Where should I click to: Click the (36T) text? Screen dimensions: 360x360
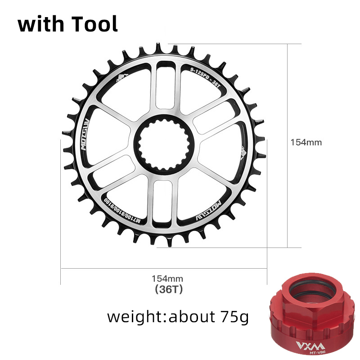(x=168, y=289)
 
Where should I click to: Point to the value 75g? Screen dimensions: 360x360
(x=232, y=317)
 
